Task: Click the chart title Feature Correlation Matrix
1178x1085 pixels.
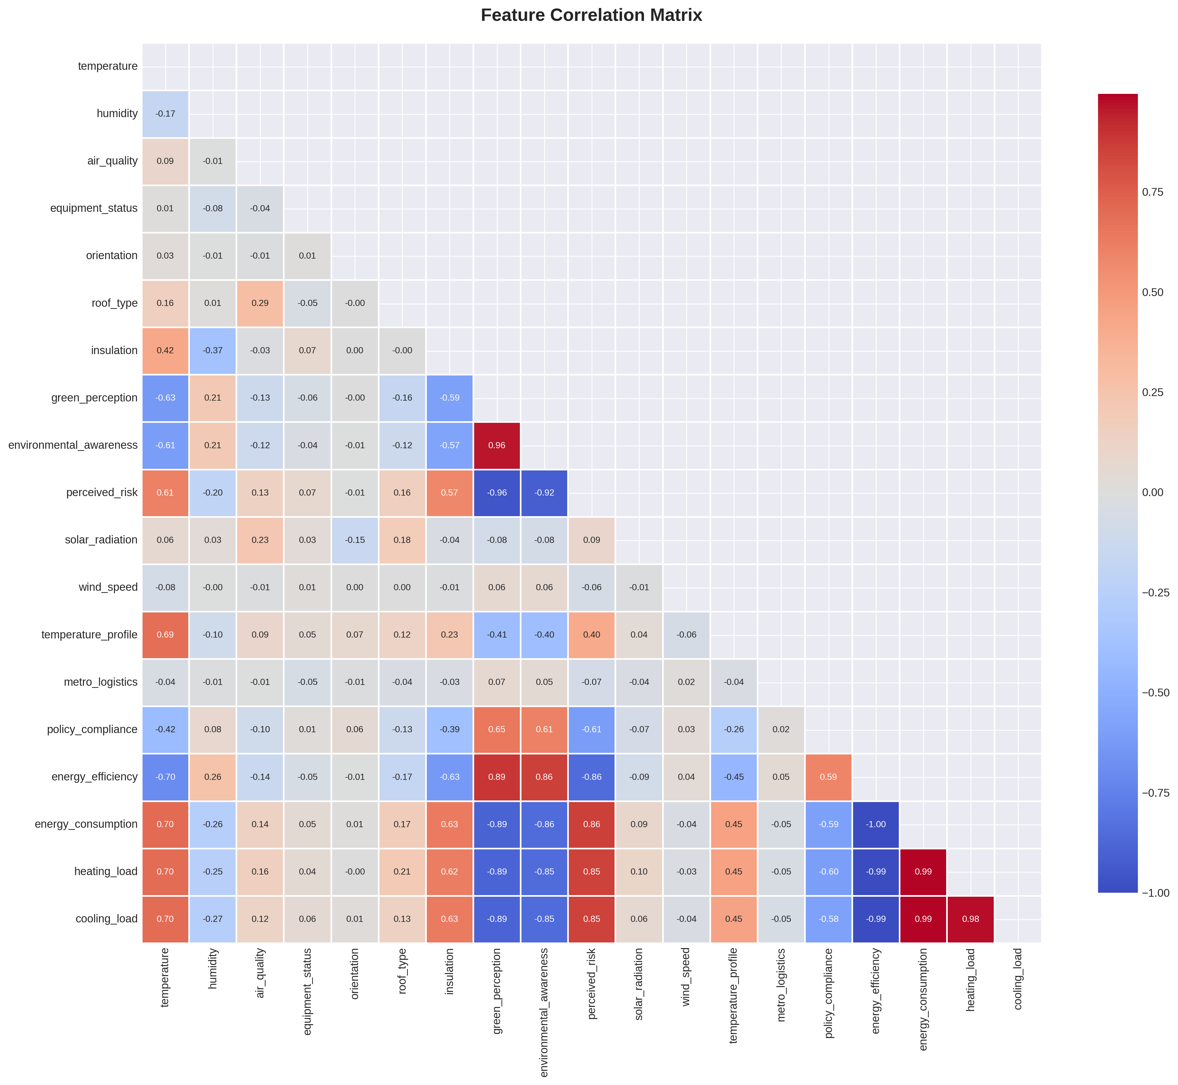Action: [x=591, y=15]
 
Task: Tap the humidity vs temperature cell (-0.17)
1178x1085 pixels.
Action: [x=166, y=114]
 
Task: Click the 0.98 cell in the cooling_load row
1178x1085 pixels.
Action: [x=970, y=919]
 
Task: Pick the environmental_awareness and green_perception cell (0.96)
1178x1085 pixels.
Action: [x=497, y=445]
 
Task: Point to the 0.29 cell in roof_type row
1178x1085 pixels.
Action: [x=260, y=303]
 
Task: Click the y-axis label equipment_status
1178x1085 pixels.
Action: [x=94, y=208]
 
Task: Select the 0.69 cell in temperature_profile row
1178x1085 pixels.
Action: [x=166, y=635]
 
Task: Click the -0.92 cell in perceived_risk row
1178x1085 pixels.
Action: [x=544, y=493]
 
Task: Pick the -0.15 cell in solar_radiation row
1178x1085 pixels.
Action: [x=355, y=540]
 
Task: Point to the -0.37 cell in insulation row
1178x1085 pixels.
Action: [x=213, y=351]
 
